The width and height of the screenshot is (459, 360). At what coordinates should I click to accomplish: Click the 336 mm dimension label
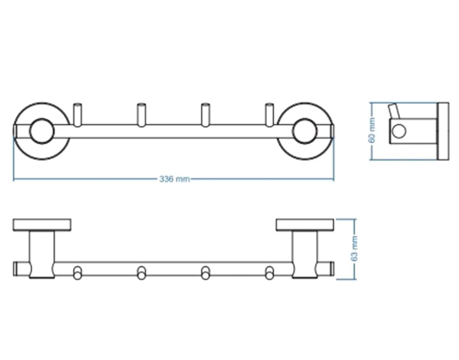[x=174, y=179]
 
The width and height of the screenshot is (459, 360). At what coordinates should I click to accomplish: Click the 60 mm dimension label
[x=373, y=130]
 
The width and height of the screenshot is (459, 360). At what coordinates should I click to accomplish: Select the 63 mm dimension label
[x=355, y=248]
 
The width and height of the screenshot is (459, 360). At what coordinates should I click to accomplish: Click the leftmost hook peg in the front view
[x=78, y=115]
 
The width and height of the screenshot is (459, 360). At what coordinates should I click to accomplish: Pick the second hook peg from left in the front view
[x=141, y=115]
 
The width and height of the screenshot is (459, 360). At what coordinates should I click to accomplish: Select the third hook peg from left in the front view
[x=205, y=115]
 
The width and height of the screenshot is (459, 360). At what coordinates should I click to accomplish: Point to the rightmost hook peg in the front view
[x=269, y=115]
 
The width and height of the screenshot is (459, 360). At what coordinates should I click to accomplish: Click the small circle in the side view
[x=399, y=131]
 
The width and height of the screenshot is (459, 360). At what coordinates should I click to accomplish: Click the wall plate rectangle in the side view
[x=444, y=131]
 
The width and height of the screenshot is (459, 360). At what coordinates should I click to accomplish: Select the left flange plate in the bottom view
[x=42, y=225]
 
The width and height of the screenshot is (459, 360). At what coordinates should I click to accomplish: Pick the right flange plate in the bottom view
[x=305, y=225]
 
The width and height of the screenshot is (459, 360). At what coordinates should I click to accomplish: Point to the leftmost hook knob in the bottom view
[x=78, y=273]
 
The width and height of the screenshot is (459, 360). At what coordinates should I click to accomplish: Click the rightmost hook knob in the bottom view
[x=269, y=273]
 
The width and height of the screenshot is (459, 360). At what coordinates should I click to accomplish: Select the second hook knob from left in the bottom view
[x=141, y=273]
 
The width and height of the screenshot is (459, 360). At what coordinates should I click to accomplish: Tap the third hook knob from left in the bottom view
[x=205, y=273]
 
